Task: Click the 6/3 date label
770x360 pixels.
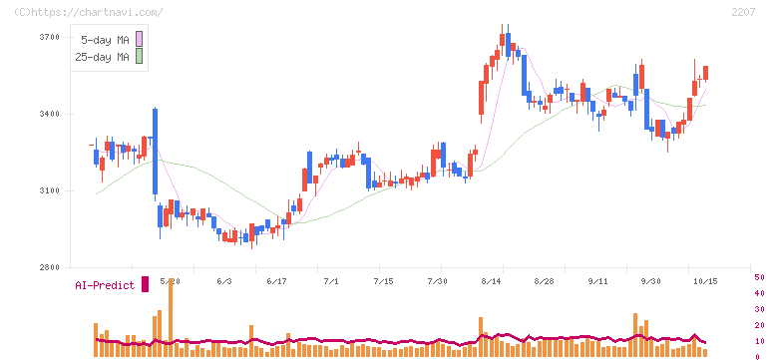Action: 224,281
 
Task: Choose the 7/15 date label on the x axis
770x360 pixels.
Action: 384,281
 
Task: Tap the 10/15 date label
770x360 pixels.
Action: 705,281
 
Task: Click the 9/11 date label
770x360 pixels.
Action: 597,281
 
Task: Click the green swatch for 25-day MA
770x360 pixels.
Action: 139,57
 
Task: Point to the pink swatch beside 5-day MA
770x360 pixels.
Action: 139,39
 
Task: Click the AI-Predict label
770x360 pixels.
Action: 105,285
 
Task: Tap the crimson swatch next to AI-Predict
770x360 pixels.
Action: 145,284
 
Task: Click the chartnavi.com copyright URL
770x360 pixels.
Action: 89,12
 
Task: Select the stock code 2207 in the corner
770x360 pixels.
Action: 743,12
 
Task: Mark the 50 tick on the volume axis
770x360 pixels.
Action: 759,277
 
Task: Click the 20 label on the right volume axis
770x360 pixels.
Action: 759,325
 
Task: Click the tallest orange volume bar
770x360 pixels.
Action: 171,317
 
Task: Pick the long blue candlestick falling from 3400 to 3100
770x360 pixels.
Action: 156,152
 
